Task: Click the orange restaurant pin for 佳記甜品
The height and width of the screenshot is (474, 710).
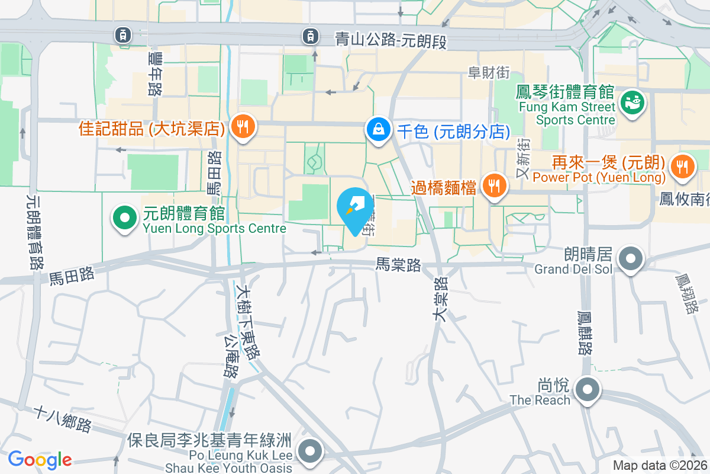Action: click(242, 126)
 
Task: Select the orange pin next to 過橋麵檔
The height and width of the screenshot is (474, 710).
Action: click(493, 186)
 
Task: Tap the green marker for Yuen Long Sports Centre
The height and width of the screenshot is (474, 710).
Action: click(124, 218)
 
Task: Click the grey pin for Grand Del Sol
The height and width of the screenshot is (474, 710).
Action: click(631, 259)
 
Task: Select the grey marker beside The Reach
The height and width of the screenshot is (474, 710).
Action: click(588, 390)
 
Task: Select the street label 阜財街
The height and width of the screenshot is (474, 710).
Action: click(488, 72)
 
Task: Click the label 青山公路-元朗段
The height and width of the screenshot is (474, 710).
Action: click(390, 40)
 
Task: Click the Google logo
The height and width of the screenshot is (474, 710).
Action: click(40, 460)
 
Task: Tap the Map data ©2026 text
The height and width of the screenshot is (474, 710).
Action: click(660, 466)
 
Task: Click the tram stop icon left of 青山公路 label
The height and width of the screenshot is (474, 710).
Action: click(309, 36)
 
